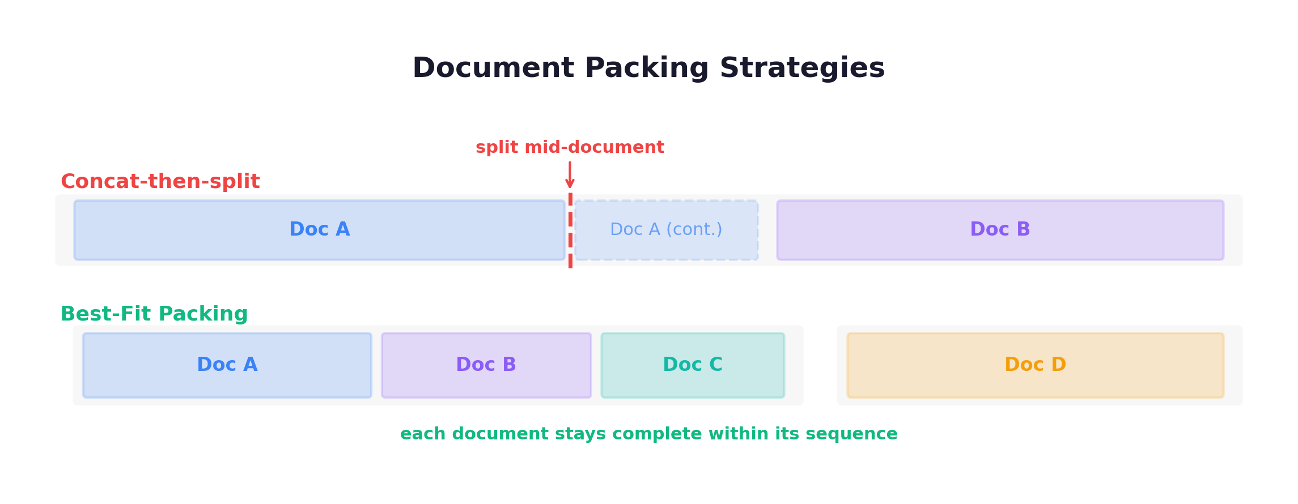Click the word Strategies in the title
[x=802, y=68]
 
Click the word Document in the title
[x=493, y=68]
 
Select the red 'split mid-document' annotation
[x=570, y=147]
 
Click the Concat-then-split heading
[x=160, y=181]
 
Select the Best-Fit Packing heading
[x=154, y=314]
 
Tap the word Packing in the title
[x=646, y=68]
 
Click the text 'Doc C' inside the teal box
[x=693, y=365]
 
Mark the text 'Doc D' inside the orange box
[x=1035, y=365]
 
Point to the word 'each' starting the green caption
[x=423, y=434]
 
